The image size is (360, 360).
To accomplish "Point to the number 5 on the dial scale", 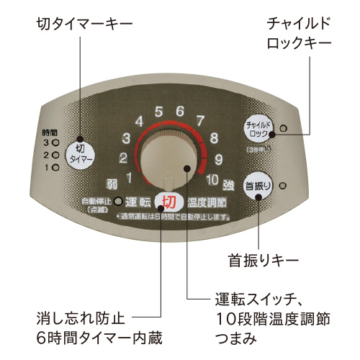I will pyautogui.click(x=158, y=112).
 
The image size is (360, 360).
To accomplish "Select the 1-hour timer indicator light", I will pyautogui.click(x=54, y=166).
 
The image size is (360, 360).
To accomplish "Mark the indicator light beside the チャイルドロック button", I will pyautogui.click(x=282, y=128).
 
